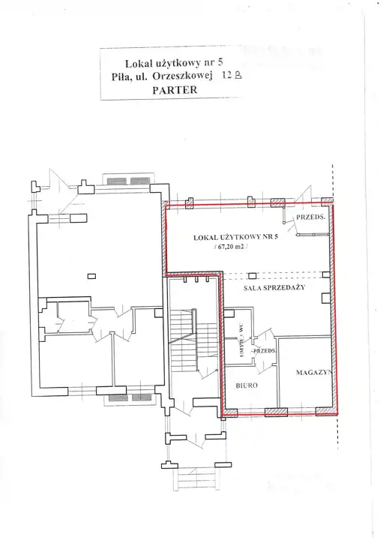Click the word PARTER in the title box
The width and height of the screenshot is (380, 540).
pos(175,90)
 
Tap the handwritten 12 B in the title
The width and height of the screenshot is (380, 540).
pos(232,75)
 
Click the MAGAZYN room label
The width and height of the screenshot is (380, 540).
pos(313,372)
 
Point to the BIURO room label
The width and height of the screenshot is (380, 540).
pos(247,385)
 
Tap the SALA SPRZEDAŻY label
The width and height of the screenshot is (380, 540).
pos(274,287)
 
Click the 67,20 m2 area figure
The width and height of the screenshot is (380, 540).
pos(231,246)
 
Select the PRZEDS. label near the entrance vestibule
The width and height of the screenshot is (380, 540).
pos(311,217)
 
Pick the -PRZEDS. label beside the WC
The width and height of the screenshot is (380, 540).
pos(263,351)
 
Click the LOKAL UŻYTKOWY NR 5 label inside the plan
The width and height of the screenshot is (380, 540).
pos(236,237)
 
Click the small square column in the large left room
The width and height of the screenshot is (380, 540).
pos(91,276)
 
